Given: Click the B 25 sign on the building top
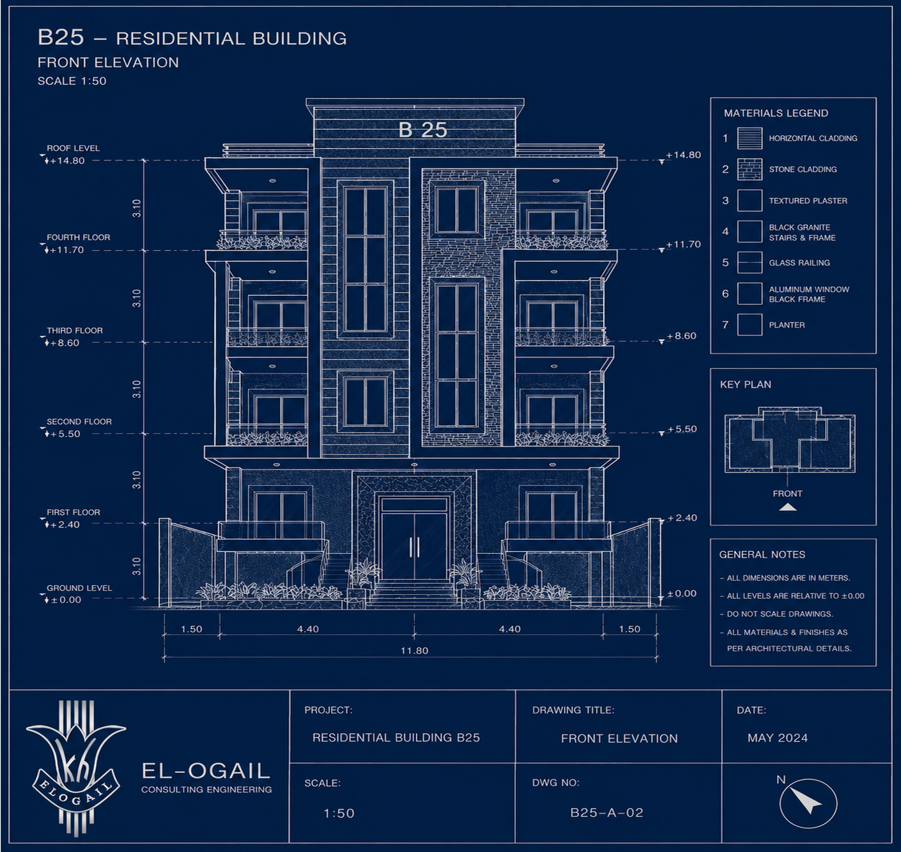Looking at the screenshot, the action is [422, 130].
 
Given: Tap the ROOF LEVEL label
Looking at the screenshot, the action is [73, 148].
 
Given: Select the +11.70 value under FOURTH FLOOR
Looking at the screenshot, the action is [67, 250].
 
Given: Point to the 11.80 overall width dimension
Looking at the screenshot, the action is [414, 650].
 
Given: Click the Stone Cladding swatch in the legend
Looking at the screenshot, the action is [750, 169].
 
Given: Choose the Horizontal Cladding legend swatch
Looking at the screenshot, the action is [750, 139].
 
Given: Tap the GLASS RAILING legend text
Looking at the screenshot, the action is [799, 262].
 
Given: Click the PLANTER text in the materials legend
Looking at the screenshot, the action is [787, 324].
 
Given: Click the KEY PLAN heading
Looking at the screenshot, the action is [746, 384].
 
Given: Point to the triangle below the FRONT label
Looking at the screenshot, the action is [787, 507].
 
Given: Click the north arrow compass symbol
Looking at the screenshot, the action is [808, 803].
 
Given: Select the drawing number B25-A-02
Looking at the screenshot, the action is [607, 812].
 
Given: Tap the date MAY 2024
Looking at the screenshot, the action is [778, 738].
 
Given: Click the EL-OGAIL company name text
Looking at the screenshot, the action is [206, 771].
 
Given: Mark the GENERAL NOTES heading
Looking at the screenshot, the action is [762, 554].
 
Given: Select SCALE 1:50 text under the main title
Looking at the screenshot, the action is [72, 81].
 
